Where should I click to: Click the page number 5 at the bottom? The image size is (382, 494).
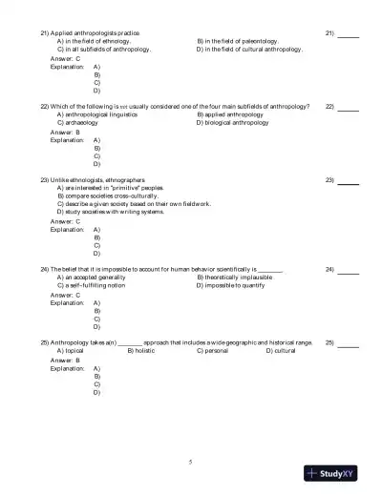click(191, 462)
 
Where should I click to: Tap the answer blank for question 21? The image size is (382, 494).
click(349, 34)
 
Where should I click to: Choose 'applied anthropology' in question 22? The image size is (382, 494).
click(233, 114)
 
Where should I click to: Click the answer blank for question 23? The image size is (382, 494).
click(349, 180)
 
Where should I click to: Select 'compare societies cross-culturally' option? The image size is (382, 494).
click(105, 196)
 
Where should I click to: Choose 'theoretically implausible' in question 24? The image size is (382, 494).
click(235, 278)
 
